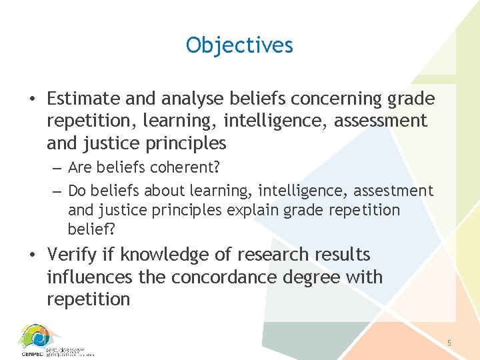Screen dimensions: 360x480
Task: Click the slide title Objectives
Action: [239, 45]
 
